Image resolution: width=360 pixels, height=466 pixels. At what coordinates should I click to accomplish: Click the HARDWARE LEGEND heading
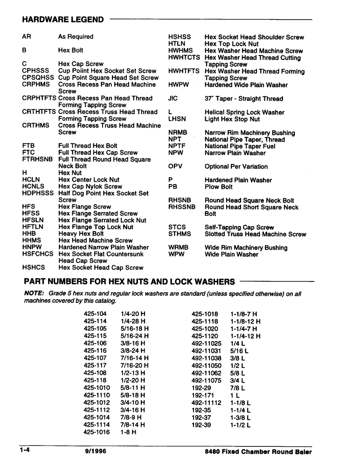pos(63,20)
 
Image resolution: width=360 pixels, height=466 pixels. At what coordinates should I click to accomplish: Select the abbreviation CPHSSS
pos(35,71)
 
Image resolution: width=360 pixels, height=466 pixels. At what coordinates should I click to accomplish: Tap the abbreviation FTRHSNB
pos(37,159)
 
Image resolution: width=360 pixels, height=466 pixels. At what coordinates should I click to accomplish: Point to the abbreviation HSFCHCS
pos(37,254)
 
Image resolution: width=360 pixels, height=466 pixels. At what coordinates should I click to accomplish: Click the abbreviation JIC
pos(173,99)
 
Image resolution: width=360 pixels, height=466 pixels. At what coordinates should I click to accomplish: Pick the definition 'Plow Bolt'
pos(218,187)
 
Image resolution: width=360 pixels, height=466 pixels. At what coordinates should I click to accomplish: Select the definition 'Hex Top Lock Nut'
pos(231,44)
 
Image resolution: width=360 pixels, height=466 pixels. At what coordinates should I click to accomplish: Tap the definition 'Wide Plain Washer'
pos(231,254)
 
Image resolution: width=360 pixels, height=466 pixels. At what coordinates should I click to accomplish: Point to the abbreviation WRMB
pos(178,247)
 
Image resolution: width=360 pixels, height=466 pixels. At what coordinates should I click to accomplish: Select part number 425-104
pos(95,314)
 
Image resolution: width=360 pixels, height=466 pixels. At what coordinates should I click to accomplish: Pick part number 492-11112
pos(206,403)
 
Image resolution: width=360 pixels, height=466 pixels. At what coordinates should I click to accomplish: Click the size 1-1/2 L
pos(240,425)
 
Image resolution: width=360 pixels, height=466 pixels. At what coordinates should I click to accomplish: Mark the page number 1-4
pos(25,451)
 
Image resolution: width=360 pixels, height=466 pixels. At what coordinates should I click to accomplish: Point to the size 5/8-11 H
pos(132,388)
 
